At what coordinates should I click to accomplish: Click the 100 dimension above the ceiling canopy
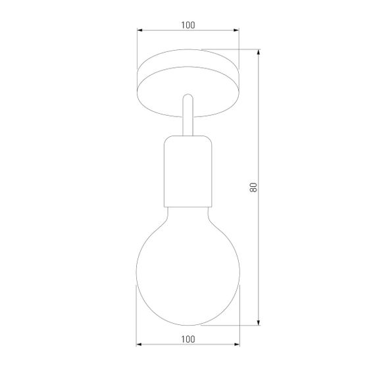187,25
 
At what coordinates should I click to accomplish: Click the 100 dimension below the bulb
187,339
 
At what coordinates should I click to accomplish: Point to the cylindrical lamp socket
187,171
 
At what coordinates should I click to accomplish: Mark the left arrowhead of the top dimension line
139,31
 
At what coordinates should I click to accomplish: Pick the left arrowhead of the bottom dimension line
139,345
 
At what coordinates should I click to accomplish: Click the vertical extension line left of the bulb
137,316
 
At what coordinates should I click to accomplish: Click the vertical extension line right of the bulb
238,316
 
